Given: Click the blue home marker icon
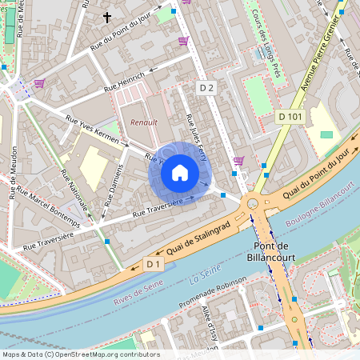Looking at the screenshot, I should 180,173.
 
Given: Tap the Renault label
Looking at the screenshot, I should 144,122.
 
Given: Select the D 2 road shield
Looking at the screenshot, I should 207,86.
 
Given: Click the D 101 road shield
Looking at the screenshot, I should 291,117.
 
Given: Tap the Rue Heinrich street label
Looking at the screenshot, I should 126,80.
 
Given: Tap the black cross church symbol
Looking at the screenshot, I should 107,16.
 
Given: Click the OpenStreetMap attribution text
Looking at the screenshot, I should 80,354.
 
